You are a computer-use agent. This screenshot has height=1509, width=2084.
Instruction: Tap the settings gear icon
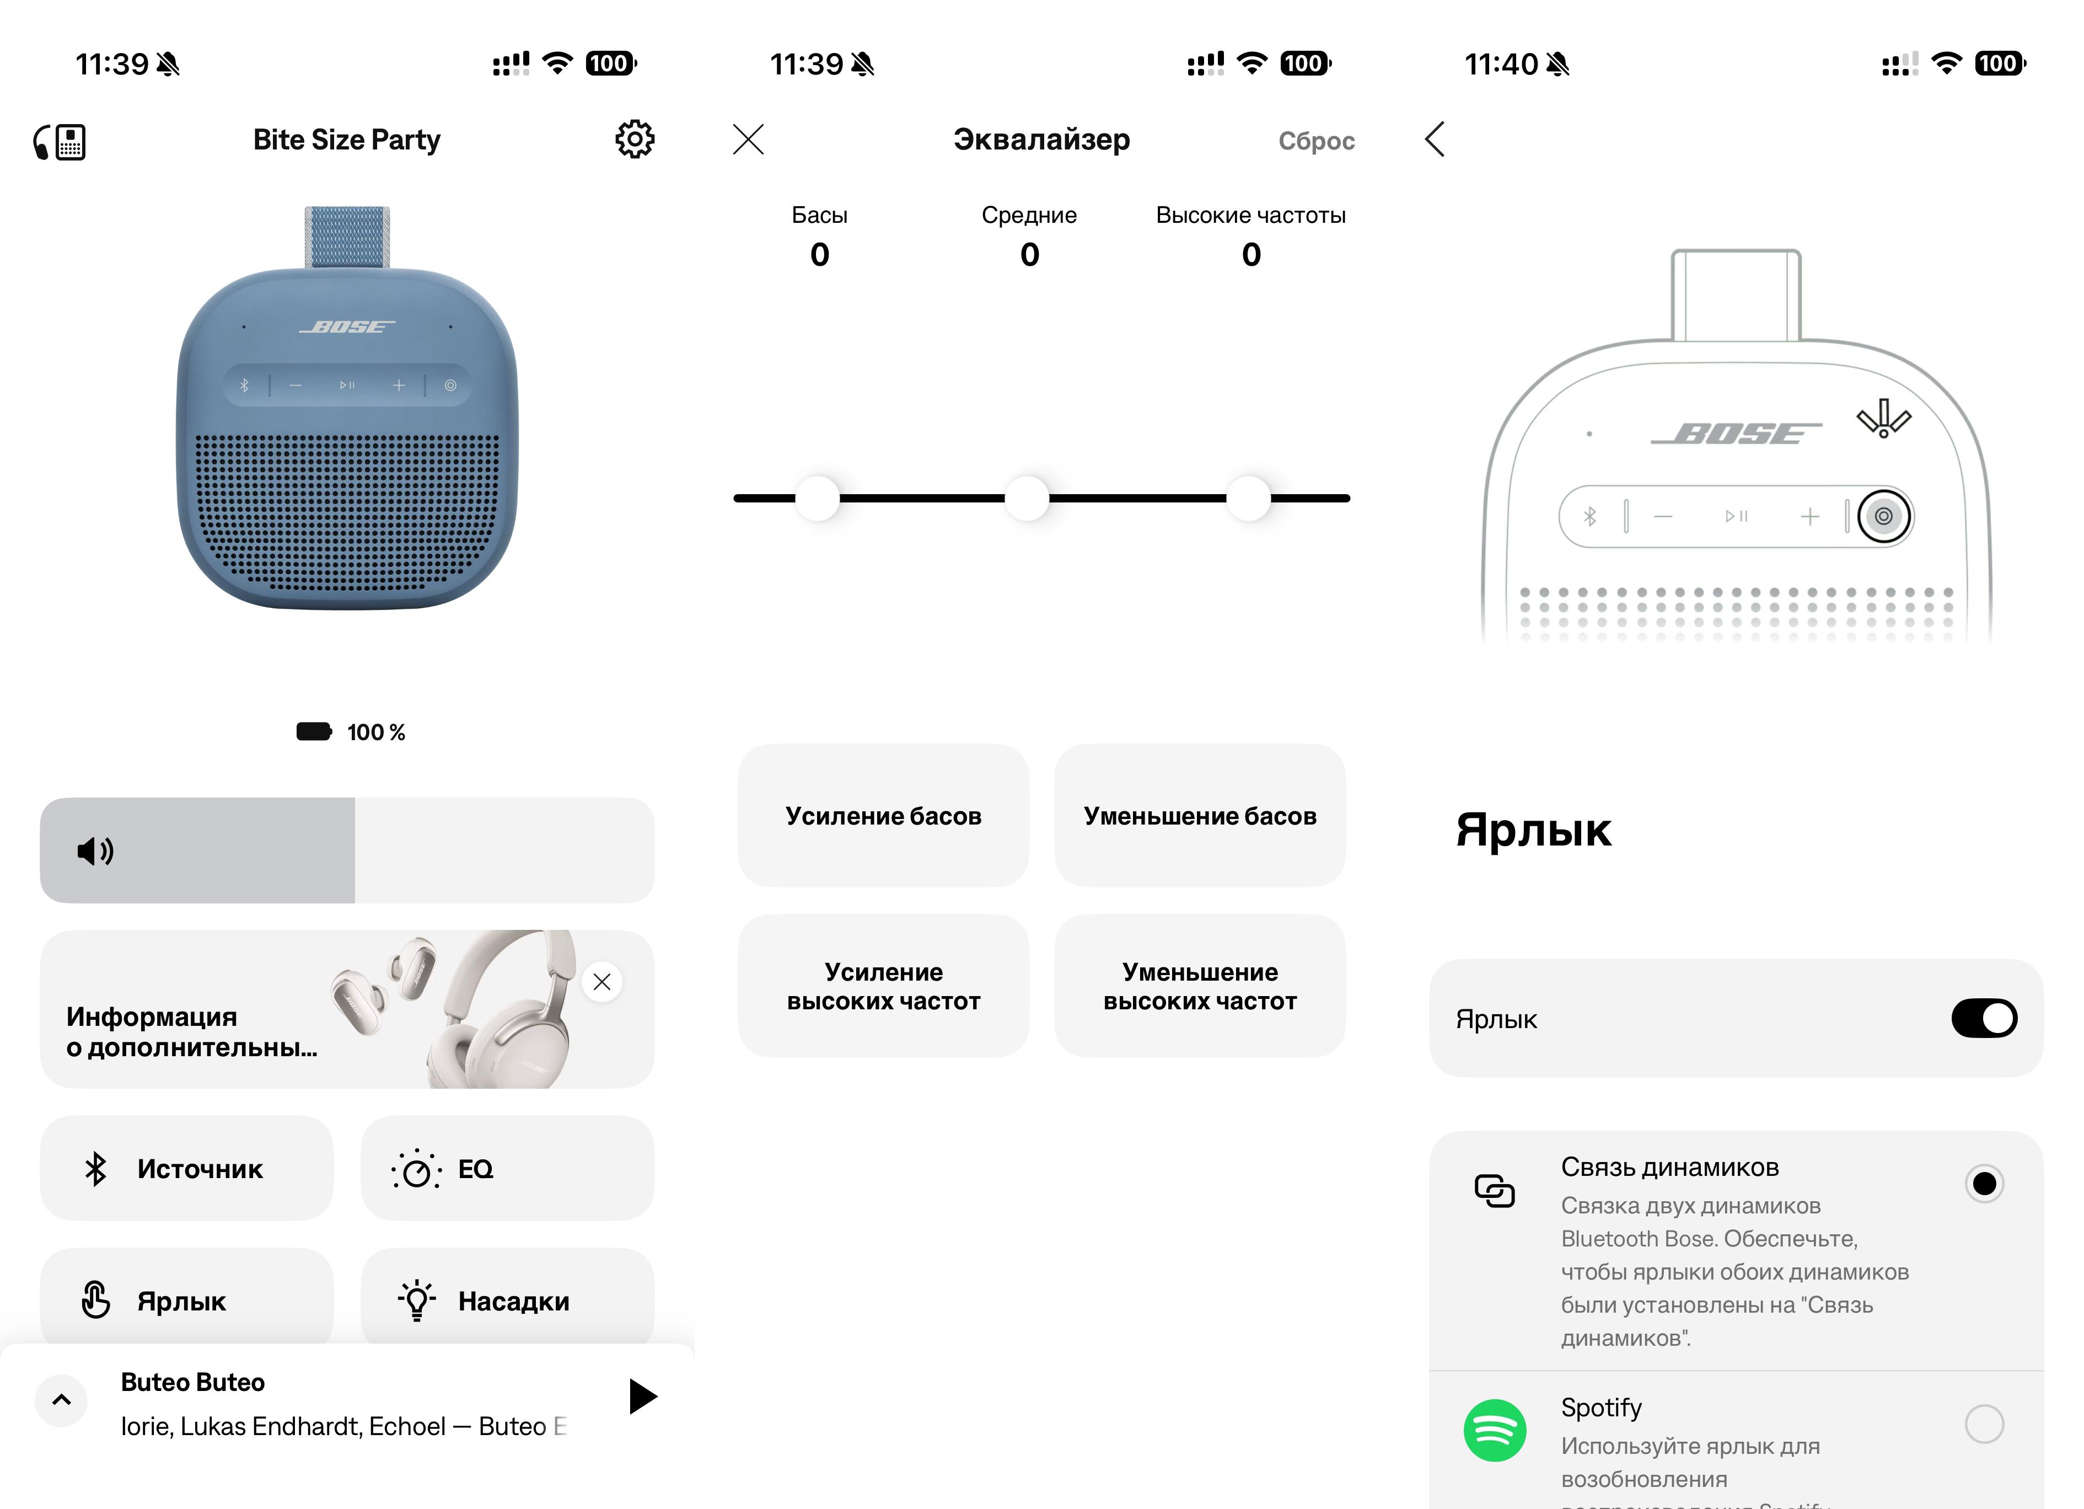coord(634,140)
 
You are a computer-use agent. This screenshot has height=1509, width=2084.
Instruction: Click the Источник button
coord(186,1168)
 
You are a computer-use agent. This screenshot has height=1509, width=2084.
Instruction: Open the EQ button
coord(507,1168)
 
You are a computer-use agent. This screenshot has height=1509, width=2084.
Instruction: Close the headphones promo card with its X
coord(602,982)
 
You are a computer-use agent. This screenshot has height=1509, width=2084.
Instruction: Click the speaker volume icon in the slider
coord(95,851)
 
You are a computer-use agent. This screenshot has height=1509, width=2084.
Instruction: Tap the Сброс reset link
coord(1316,141)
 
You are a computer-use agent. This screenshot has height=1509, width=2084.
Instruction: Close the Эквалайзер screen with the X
coord(749,140)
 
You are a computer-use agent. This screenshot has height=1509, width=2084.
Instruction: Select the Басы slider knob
coord(818,498)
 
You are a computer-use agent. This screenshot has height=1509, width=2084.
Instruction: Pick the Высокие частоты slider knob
coord(1249,498)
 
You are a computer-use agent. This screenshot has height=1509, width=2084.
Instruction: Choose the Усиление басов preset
coord(884,815)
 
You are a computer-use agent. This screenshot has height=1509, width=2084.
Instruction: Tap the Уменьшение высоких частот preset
coord(1200,986)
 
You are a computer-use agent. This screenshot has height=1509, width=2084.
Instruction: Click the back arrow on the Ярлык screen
coord(1435,140)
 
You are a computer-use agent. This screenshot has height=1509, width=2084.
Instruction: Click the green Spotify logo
coord(1495,1430)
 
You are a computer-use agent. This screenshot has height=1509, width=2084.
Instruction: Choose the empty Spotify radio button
coord(1984,1424)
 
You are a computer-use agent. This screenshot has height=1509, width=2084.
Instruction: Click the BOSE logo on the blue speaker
coord(347,327)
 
